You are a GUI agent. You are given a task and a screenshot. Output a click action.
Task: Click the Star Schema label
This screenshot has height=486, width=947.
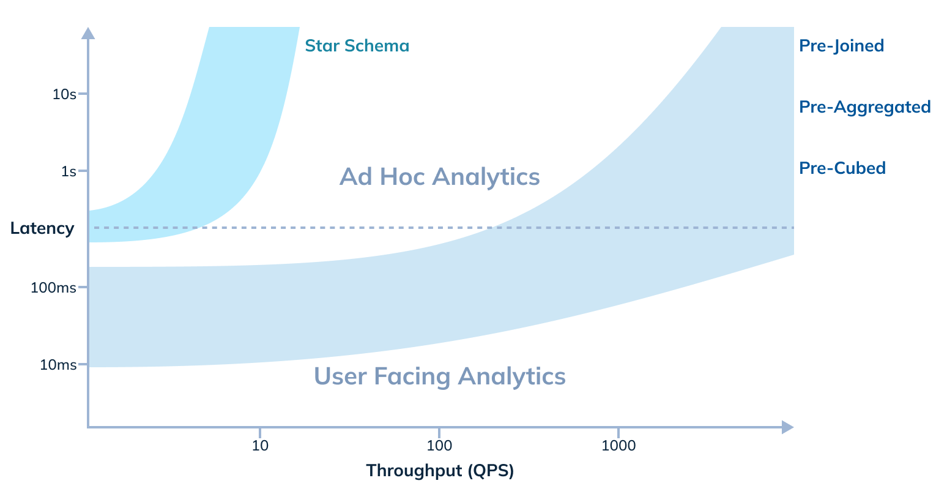[357, 46]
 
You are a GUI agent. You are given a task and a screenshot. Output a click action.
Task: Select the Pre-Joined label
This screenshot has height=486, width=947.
[841, 46]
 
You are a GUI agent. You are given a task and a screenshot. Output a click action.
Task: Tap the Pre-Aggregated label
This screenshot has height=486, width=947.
[864, 107]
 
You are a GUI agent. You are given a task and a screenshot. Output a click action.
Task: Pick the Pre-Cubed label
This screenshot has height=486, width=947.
[842, 168]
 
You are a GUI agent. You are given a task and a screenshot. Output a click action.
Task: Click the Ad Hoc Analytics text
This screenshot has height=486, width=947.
[439, 177]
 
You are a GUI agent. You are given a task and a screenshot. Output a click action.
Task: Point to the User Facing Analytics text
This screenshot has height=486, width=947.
[439, 376]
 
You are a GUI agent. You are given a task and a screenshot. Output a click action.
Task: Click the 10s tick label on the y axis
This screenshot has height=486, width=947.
[64, 94]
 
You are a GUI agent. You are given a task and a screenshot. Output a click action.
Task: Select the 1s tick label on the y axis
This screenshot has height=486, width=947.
[69, 171]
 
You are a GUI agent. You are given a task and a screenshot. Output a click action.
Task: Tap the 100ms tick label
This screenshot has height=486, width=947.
[53, 288]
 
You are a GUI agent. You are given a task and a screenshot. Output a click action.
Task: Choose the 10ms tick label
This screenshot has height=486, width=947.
[58, 365]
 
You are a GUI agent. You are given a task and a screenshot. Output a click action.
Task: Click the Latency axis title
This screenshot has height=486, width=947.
[42, 229]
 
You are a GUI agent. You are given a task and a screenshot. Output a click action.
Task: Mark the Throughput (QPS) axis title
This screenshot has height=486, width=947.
[439, 471]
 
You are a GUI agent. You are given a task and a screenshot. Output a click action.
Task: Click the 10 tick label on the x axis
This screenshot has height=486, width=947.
[260, 446]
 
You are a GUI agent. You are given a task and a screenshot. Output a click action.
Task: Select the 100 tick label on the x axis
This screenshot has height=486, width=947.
[439, 446]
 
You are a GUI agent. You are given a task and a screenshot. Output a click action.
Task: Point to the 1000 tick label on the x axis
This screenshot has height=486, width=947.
[618, 446]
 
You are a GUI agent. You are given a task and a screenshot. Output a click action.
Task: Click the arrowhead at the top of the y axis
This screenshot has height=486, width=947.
[88, 33]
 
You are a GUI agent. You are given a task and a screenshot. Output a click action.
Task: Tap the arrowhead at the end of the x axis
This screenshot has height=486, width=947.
[787, 427]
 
